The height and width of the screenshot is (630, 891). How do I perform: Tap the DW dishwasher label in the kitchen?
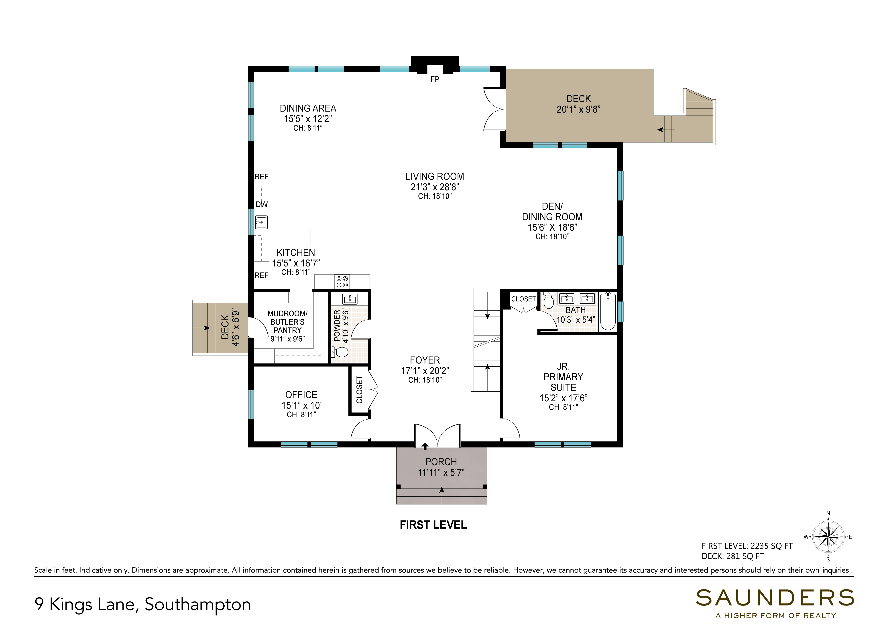(262, 204)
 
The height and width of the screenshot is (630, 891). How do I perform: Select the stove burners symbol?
(342, 282)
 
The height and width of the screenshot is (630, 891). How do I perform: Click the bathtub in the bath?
(608, 311)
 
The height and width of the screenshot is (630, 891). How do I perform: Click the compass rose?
(828, 537)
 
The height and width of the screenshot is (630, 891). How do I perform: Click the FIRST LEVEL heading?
(433, 525)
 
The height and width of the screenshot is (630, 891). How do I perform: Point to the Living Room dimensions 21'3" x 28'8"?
(435, 187)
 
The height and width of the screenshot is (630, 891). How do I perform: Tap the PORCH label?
(441, 462)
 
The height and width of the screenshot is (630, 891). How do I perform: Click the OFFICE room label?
(301, 395)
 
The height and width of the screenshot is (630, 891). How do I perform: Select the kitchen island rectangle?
(317, 202)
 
